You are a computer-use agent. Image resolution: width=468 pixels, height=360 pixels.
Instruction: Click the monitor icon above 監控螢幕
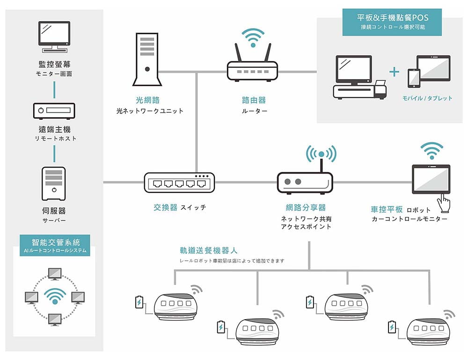(54, 37)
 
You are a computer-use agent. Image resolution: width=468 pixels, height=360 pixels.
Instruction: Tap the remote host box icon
(54, 111)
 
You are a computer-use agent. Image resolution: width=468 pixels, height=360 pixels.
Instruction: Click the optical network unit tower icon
(147, 59)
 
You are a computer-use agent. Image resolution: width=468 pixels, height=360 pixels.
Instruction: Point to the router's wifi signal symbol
(253, 37)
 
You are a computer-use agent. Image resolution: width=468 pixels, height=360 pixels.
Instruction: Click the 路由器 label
(254, 100)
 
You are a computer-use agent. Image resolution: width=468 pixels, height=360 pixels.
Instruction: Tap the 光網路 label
(148, 100)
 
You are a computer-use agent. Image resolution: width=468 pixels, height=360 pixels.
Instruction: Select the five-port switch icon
(179, 183)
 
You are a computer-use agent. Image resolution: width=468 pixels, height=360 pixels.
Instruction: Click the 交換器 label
(165, 207)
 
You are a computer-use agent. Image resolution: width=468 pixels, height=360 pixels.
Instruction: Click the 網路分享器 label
(306, 207)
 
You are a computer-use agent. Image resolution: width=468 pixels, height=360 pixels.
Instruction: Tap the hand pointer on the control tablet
(444, 203)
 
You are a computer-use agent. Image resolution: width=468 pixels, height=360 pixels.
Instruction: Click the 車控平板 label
(387, 209)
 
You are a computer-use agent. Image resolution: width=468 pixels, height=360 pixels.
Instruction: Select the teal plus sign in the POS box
(394, 72)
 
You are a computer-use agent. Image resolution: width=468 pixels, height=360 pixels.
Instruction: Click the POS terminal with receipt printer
(359, 77)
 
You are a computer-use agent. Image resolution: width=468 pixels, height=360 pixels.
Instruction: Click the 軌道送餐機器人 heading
(209, 250)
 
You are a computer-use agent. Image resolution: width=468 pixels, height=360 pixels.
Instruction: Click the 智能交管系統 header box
(55, 245)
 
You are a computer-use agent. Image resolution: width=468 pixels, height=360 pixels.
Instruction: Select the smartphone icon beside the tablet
(414, 78)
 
